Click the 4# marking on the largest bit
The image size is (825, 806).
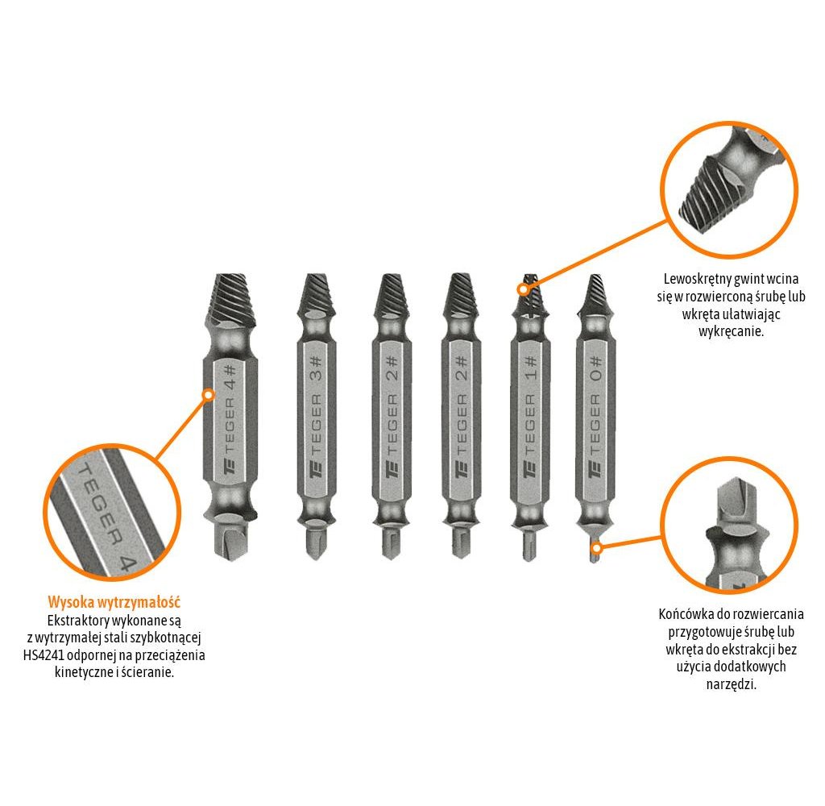(x=230, y=376)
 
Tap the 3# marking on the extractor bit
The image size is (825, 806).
(x=315, y=368)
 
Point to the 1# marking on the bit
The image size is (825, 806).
(x=530, y=368)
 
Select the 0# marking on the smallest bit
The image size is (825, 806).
(x=595, y=368)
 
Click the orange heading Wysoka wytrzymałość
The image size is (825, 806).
(x=114, y=602)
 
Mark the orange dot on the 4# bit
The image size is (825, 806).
(x=209, y=394)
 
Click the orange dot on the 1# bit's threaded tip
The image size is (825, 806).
(x=523, y=289)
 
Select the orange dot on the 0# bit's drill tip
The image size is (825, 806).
(x=596, y=547)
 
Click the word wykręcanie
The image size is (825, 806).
(x=731, y=331)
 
